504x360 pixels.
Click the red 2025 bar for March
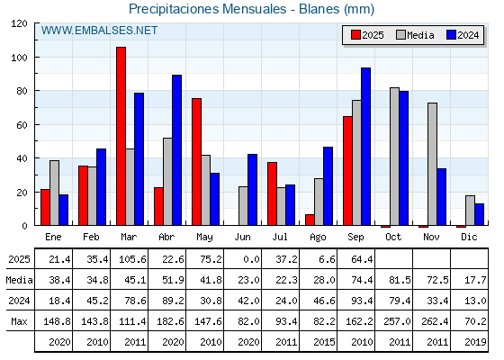[121, 136]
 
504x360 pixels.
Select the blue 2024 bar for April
[176, 150]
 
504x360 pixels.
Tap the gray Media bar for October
[395, 157]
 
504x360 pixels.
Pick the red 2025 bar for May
[197, 162]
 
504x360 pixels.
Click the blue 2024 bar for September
[365, 147]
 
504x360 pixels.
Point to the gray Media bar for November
[432, 164]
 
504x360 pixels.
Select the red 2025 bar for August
[310, 220]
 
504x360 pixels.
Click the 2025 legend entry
[367, 35]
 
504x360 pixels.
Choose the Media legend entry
[415, 35]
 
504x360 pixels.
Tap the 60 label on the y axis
[22, 125]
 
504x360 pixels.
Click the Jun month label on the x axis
[242, 238]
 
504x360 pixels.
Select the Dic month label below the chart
[469, 237]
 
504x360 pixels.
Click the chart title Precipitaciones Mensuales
[207, 9]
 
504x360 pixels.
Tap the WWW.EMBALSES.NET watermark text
[99, 31]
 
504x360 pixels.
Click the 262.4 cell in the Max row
[435, 321]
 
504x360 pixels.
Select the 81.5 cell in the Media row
[400, 280]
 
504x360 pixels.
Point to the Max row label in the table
[19, 321]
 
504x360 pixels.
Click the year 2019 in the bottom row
[475, 342]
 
